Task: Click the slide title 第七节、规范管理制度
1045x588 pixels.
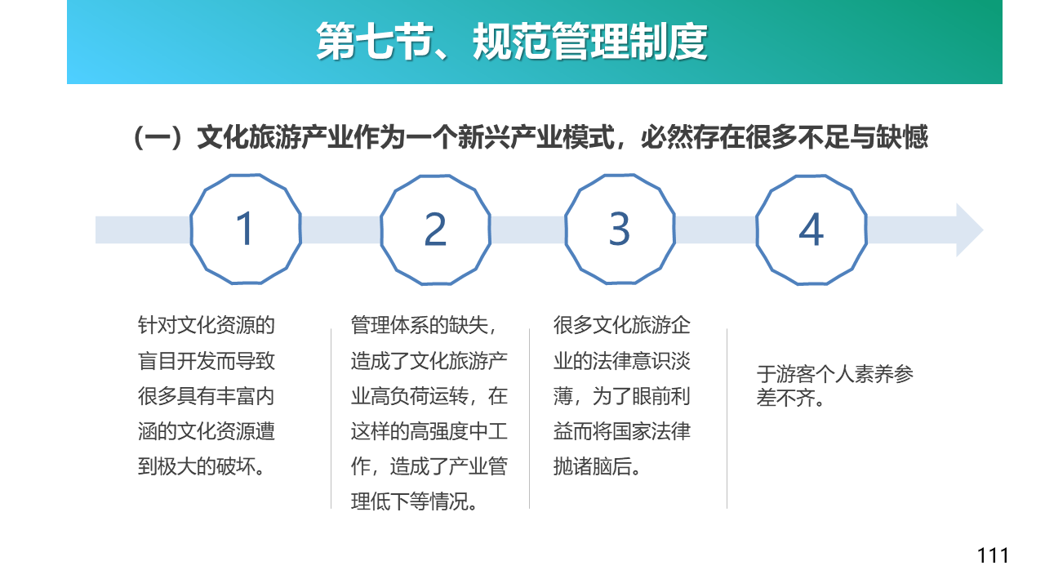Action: click(512, 42)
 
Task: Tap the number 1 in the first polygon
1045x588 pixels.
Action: click(245, 229)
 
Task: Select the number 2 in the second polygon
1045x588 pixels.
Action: click(435, 229)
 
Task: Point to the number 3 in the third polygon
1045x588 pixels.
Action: click(620, 229)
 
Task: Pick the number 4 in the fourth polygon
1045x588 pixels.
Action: click(812, 229)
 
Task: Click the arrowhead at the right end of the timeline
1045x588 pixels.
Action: click(969, 230)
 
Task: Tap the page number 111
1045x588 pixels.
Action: click(992, 556)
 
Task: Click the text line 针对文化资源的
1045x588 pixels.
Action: click(207, 325)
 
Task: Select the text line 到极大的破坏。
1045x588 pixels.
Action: click(202, 466)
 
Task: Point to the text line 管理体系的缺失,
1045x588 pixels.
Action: click(424, 325)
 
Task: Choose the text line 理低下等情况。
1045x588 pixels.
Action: click(414, 501)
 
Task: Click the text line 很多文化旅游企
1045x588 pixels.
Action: click(622, 325)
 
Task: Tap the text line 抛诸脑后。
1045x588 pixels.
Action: click(597, 466)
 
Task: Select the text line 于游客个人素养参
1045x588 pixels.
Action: click(834, 374)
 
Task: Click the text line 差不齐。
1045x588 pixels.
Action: click(791, 398)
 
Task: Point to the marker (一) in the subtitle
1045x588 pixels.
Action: click(158, 138)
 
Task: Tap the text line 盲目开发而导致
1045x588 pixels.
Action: click(207, 361)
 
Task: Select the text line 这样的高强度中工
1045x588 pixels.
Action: click(429, 431)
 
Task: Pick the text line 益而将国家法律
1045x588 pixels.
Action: click(622, 431)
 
